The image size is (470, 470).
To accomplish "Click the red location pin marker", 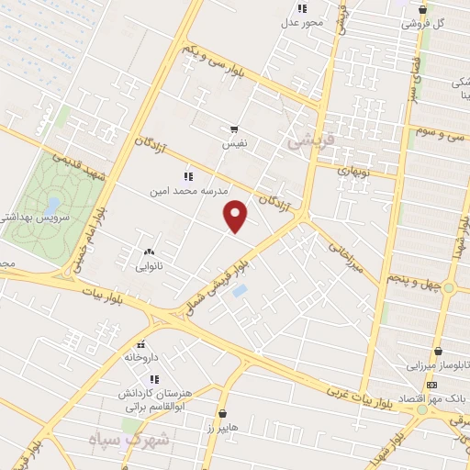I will click(x=237, y=216).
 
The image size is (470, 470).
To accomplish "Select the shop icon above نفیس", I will click(x=234, y=129).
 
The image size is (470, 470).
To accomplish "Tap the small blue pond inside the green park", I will click(x=52, y=204).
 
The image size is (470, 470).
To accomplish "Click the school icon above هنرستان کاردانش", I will click(x=154, y=378).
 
